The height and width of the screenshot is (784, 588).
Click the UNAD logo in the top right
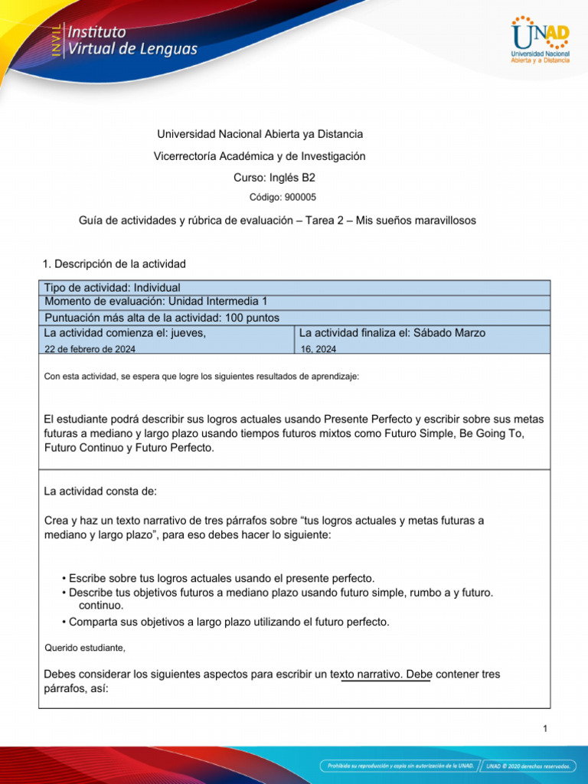click(x=540, y=40)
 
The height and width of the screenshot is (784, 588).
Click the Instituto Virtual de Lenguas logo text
click(x=132, y=41)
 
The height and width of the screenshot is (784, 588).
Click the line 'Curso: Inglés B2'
click(x=274, y=178)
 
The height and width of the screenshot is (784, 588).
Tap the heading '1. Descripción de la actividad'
click(x=115, y=264)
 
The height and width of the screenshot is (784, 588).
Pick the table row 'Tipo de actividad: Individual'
click(x=113, y=287)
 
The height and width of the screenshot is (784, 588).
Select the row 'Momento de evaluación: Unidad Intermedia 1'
click(x=156, y=302)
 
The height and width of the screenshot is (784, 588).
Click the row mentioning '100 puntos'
click(x=162, y=318)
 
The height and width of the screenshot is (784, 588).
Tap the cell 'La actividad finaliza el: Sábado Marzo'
click(x=392, y=333)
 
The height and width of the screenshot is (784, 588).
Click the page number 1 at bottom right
click(x=545, y=729)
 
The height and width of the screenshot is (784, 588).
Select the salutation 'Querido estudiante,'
click(x=84, y=648)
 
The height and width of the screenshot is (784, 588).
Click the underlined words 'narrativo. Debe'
click(x=385, y=675)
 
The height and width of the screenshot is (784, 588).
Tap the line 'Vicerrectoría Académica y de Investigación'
click(x=260, y=156)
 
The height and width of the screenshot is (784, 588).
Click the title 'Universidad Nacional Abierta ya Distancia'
click(x=260, y=134)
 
